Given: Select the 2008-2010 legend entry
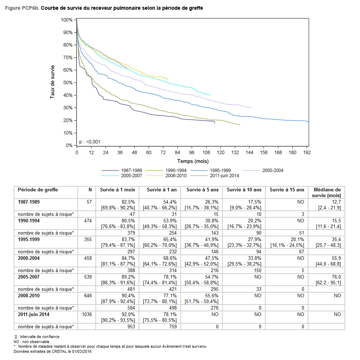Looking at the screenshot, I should pos(176,175).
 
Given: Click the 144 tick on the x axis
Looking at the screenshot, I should pos(249,152).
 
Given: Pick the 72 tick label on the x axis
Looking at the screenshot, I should pos(163,152).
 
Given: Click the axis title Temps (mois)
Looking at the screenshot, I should pos(193,161).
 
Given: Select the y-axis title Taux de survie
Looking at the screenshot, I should pos(53,82).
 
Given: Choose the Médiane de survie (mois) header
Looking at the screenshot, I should pos(327,192).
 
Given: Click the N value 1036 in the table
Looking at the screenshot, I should pos(86,314).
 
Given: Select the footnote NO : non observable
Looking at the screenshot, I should pos(32,342).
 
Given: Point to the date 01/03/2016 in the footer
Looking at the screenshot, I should pos(80,351).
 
